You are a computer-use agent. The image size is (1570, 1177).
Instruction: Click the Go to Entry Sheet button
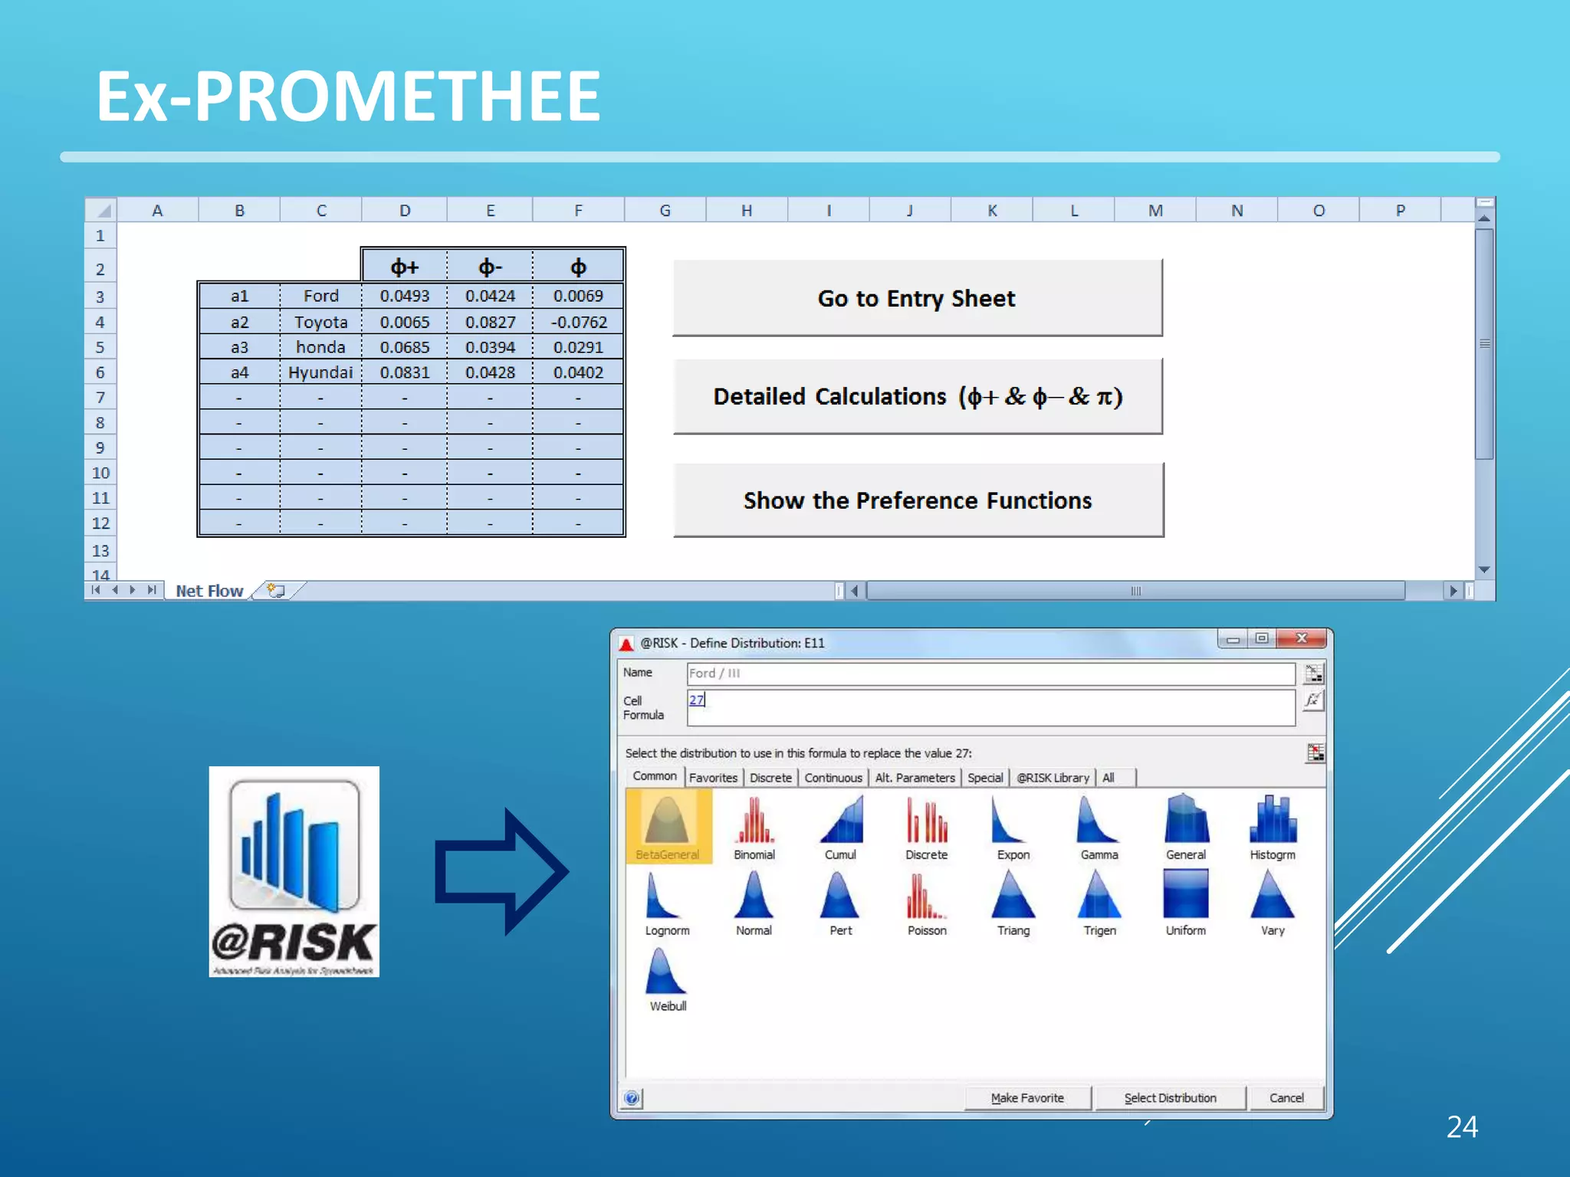(x=917, y=298)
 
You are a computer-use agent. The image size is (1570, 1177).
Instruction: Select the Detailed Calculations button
(x=917, y=396)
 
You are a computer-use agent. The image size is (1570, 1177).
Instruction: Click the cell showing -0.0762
(x=578, y=322)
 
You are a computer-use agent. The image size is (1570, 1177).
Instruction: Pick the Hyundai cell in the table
(x=320, y=372)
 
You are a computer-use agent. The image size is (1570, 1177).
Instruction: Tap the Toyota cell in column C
(x=320, y=322)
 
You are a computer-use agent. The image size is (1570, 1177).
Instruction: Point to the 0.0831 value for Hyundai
(x=405, y=372)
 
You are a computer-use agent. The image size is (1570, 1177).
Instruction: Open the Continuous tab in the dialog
(x=833, y=778)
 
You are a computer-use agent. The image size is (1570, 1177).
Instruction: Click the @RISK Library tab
(x=1053, y=778)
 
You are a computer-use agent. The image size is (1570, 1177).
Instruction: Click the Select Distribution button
(x=1170, y=1098)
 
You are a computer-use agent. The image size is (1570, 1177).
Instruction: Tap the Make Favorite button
(x=1027, y=1098)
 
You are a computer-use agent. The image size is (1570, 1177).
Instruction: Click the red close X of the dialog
(x=1301, y=638)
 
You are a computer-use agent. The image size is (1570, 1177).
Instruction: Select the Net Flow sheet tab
(x=209, y=591)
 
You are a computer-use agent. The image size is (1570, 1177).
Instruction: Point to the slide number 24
(x=1462, y=1126)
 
